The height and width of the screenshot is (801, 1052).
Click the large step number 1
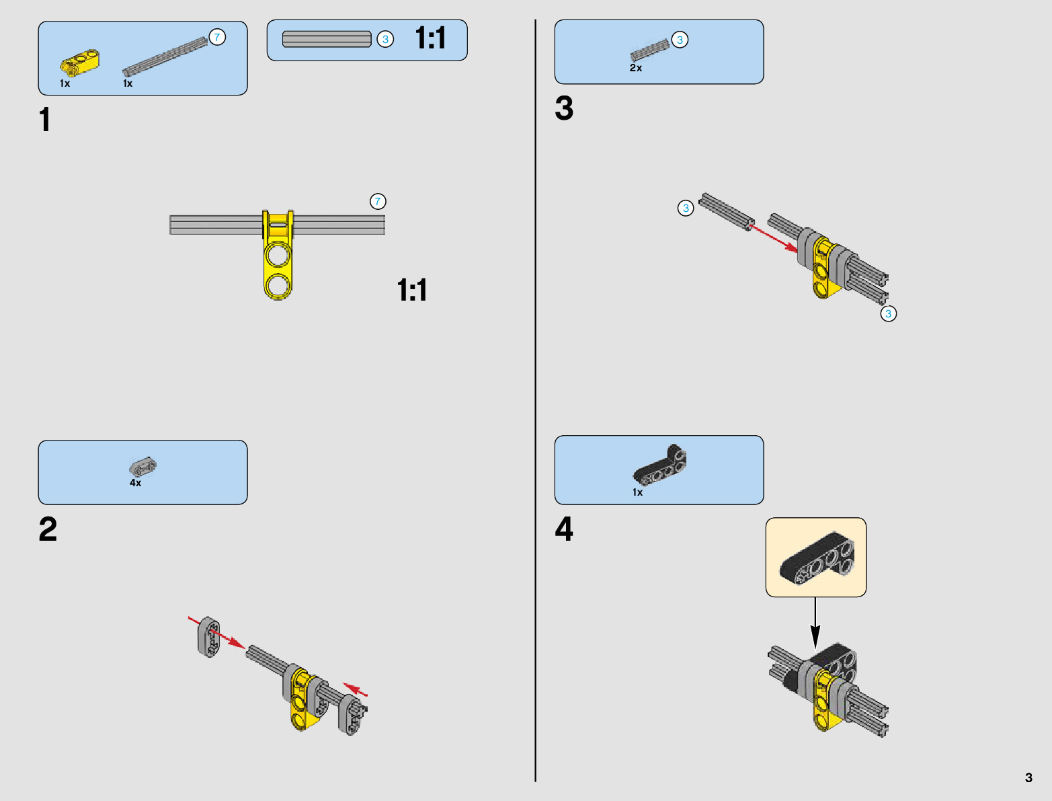(45, 120)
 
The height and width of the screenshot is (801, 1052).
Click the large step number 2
(48, 529)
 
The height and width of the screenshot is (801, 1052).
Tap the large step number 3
(564, 108)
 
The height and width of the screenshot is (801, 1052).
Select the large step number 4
(564, 529)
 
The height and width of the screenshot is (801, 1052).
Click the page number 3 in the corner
(1028, 777)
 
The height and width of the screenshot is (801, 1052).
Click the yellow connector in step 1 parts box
(80, 63)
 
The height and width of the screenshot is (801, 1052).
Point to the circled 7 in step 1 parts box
(217, 37)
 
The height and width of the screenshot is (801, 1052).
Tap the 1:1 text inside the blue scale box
(430, 38)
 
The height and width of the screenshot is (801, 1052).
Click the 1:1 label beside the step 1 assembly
(412, 291)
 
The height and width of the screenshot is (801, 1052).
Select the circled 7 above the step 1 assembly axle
(378, 201)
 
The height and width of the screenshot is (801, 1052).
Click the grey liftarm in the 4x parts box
(143, 465)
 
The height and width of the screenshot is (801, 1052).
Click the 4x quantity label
(136, 483)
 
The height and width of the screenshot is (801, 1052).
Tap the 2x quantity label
(636, 68)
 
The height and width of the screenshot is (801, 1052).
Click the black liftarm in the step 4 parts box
(661, 465)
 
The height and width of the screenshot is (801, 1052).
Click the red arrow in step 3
(773, 238)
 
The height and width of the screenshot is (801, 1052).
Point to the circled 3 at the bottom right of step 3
(888, 313)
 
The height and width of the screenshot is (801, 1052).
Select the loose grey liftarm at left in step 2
(208, 636)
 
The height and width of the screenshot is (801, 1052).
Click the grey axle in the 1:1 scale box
(327, 40)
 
